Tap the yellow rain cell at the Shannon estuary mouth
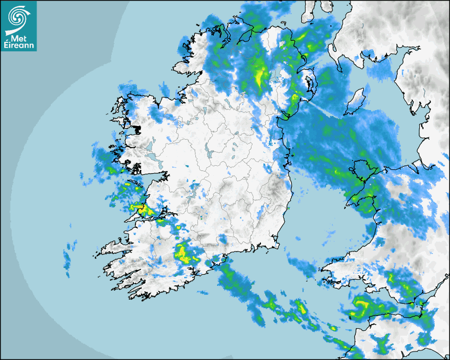pos(145,211)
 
